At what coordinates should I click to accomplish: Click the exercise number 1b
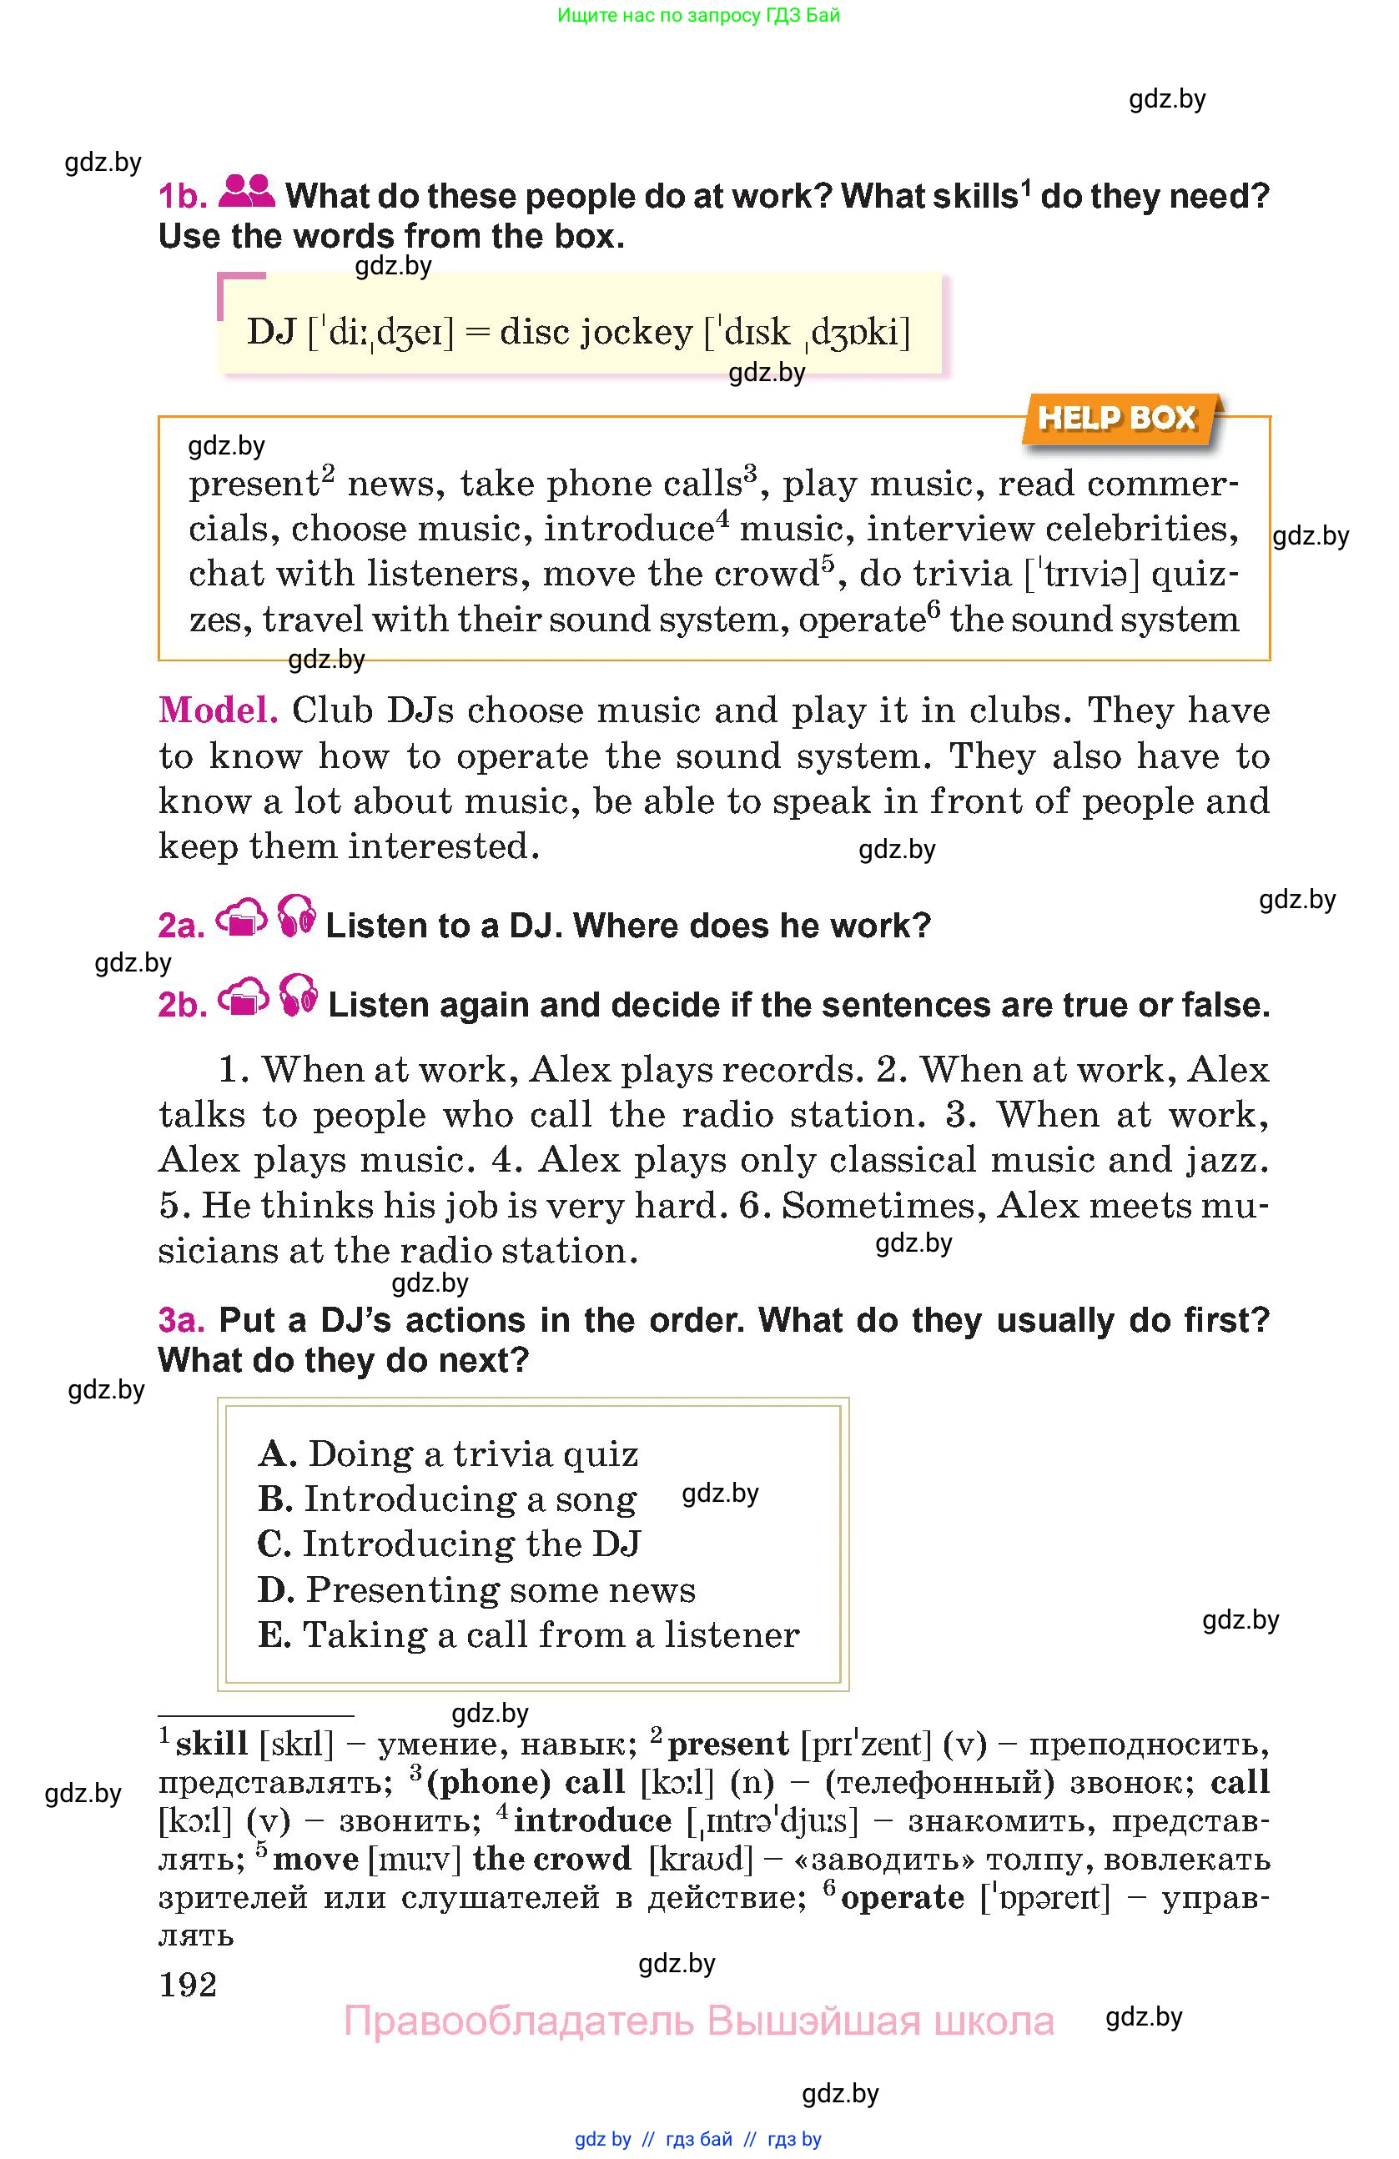click(183, 196)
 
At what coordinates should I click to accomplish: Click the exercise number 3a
click(182, 1320)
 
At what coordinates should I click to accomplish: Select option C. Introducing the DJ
click(449, 1544)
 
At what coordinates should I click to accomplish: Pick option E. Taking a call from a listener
click(529, 1634)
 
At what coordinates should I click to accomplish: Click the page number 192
click(188, 1985)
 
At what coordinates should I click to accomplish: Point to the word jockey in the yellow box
click(636, 332)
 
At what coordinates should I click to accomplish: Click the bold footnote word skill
click(211, 1744)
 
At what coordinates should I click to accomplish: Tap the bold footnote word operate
click(902, 1897)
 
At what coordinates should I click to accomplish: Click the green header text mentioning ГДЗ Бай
click(697, 15)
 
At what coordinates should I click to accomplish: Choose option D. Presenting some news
click(477, 1589)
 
